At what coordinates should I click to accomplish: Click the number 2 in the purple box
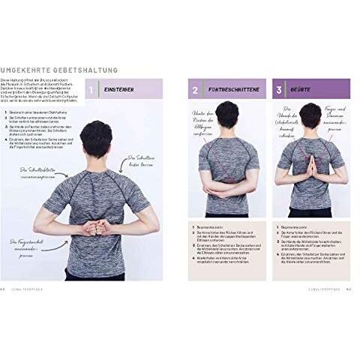[195, 90]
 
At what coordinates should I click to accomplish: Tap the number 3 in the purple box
[279, 90]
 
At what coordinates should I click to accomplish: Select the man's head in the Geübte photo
[308, 117]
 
